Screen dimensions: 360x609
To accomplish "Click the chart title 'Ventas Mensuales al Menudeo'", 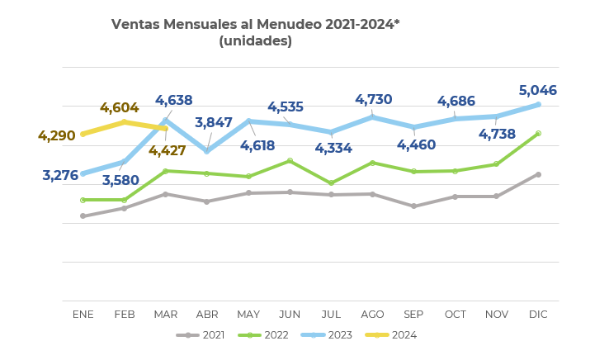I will tap(255, 25).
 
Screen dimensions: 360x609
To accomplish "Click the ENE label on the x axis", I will tap(83, 315).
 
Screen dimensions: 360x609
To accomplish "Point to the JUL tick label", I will tap(331, 315).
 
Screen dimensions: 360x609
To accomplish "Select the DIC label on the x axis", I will tap(538, 315).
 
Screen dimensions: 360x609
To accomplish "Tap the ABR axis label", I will tap(207, 315).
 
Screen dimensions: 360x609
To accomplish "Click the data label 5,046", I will tap(537, 91).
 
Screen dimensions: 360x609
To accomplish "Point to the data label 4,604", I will tap(119, 108).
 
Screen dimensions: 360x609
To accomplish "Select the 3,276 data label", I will tap(60, 175).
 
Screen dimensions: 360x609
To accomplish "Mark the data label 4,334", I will tap(333, 149).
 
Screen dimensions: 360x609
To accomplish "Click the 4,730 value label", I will tap(373, 100).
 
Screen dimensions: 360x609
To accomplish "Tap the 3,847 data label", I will tap(214, 123).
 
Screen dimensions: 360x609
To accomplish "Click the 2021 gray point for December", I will tap(538, 174).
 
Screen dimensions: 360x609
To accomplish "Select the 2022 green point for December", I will tap(538, 133).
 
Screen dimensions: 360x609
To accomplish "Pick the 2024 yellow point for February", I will tap(125, 122).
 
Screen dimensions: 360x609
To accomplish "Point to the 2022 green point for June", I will tap(290, 160).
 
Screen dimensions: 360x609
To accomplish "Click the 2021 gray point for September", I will tap(413, 206).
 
